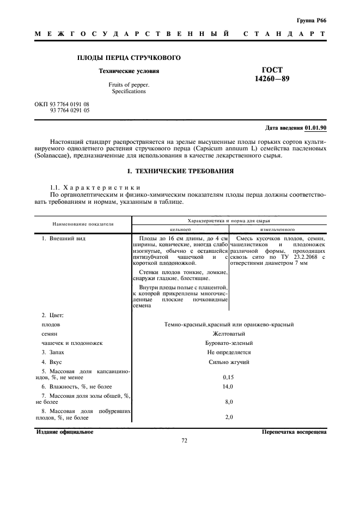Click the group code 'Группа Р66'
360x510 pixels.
click(311, 20)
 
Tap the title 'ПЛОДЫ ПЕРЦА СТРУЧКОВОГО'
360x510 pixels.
click(129, 58)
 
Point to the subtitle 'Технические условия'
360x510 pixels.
click(129, 71)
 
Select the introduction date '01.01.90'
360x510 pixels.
click(315, 128)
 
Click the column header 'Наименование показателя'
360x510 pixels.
click(83, 223)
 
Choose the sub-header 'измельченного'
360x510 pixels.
click(278, 229)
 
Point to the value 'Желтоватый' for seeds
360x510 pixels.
click(229, 333)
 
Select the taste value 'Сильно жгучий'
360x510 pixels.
click(229, 362)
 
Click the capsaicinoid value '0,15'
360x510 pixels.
click(229, 377)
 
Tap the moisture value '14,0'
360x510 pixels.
click(229, 386)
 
